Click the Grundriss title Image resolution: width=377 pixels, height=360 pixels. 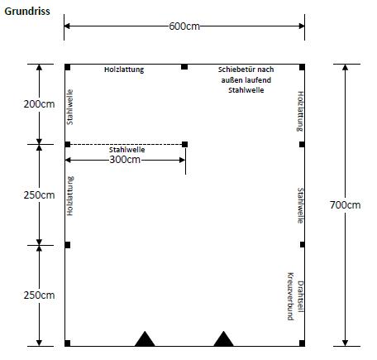pyautogui.click(x=27, y=12)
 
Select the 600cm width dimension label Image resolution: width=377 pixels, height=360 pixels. pyautogui.click(x=184, y=26)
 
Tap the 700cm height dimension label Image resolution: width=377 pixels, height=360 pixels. pyautogui.click(x=345, y=205)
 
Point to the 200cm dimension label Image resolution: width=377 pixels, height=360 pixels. pyautogui.click(x=39, y=104)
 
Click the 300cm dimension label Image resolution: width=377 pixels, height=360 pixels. pyautogui.click(x=125, y=160)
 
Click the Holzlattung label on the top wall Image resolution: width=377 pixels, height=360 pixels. pyautogui.click(x=124, y=70)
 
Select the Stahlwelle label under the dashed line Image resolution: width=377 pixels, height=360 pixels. pyautogui.click(x=126, y=150)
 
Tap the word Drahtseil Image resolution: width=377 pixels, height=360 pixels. pyautogui.click(x=300, y=296)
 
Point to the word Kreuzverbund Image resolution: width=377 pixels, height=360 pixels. pyautogui.click(x=290, y=296)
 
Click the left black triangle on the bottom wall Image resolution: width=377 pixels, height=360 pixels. pyautogui.click(x=145, y=338)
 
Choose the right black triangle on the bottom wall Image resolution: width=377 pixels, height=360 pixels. pyautogui.click(x=223, y=338)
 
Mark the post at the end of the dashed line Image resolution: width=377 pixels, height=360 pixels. pyautogui.click(x=184, y=144)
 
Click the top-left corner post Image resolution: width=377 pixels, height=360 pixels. pyautogui.click(x=68, y=67)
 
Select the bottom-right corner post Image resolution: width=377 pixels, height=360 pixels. pyautogui.click(x=302, y=343)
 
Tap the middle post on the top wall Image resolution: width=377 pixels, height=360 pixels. pyautogui.click(x=184, y=67)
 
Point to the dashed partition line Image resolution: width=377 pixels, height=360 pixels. pyautogui.click(x=126, y=144)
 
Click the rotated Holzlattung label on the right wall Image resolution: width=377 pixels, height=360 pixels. pyautogui.click(x=300, y=112)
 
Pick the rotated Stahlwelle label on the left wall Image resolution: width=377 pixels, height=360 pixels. pyautogui.click(x=70, y=107)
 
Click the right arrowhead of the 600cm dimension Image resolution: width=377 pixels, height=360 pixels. pyautogui.click(x=302, y=26)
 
